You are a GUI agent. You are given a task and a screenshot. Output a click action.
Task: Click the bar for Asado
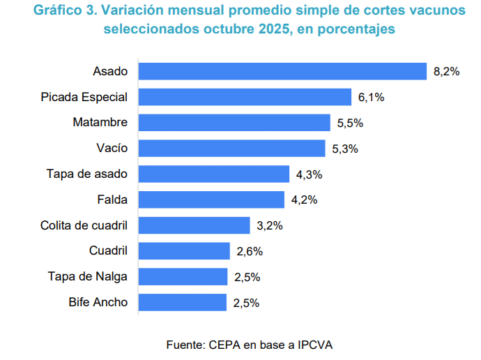(282, 71)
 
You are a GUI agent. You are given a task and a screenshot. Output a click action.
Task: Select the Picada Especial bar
(245, 97)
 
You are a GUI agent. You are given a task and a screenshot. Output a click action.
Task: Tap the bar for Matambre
(234, 123)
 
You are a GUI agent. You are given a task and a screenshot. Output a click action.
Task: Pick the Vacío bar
(232, 148)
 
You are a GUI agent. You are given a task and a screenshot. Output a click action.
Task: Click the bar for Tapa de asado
(214, 174)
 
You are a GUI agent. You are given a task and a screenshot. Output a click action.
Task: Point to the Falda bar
(212, 200)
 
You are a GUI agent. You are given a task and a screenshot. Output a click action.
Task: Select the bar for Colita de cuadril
(194, 225)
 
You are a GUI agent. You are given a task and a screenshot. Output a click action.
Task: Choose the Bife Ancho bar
(183, 302)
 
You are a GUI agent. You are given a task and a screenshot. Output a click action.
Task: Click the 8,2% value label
(446, 72)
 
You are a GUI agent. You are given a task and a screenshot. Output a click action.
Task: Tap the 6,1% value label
(372, 98)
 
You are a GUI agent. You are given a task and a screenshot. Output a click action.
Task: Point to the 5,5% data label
(350, 123)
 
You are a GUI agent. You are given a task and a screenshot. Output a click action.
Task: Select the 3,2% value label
(270, 226)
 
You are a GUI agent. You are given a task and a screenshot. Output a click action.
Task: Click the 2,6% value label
(250, 251)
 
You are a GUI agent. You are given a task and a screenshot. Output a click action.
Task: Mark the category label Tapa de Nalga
(87, 276)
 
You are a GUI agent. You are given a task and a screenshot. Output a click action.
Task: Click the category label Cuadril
(108, 250)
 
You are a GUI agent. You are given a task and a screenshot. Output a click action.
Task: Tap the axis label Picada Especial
(84, 96)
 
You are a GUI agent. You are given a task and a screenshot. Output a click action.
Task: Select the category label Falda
(113, 200)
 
